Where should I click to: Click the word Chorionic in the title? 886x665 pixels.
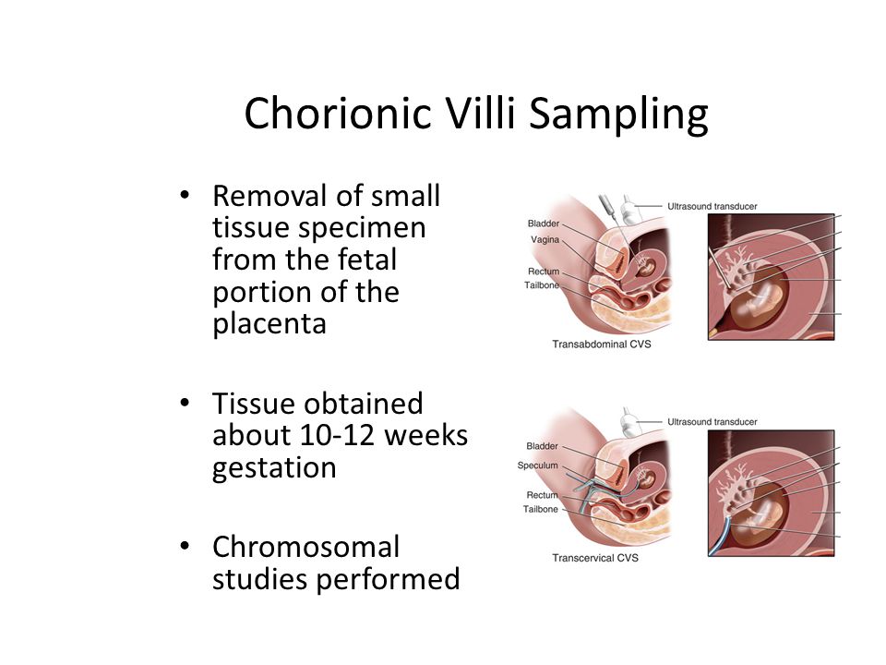338,113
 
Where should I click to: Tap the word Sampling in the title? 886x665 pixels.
618,115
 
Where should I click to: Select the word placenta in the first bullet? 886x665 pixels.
269,324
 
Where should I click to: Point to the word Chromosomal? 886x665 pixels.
305,547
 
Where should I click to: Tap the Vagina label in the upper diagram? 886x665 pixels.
545,240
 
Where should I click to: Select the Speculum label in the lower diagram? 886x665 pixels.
537,465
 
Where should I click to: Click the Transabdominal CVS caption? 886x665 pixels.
601,344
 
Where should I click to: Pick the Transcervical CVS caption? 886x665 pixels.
595,558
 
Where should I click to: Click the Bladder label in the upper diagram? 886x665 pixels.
544,224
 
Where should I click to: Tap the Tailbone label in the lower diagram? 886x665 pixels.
540,509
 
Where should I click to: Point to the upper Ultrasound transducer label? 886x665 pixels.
712,206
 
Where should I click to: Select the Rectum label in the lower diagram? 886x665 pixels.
542,495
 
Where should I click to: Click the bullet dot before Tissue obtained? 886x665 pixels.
185,404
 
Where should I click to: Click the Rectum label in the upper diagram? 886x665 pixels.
544,272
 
